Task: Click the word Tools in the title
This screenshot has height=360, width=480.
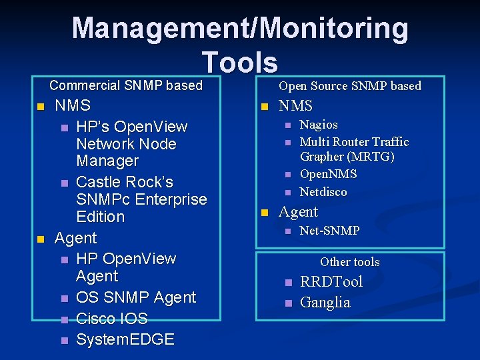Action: click(x=240, y=62)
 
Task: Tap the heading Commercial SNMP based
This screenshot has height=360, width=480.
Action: click(x=126, y=85)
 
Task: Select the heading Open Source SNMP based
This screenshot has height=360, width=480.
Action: click(x=350, y=85)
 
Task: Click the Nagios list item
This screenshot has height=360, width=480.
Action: click(x=319, y=125)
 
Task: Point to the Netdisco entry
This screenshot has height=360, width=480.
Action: click(x=323, y=192)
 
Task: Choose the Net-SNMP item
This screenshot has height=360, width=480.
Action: click(x=329, y=231)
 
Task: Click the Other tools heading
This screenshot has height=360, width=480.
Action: click(x=349, y=262)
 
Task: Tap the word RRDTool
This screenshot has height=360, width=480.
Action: click(x=331, y=282)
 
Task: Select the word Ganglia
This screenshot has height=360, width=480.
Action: click(x=325, y=303)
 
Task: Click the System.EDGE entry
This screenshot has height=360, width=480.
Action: click(x=125, y=339)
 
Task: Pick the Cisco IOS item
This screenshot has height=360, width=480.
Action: click(x=112, y=319)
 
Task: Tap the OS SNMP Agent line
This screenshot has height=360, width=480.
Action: click(x=136, y=297)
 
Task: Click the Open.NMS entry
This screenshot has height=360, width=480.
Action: click(x=328, y=174)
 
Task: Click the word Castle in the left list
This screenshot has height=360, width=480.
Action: click(x=97, y=182)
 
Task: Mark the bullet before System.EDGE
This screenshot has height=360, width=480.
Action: click(x=64, y=340)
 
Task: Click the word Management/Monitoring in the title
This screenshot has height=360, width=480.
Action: click(x=240, y=28)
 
